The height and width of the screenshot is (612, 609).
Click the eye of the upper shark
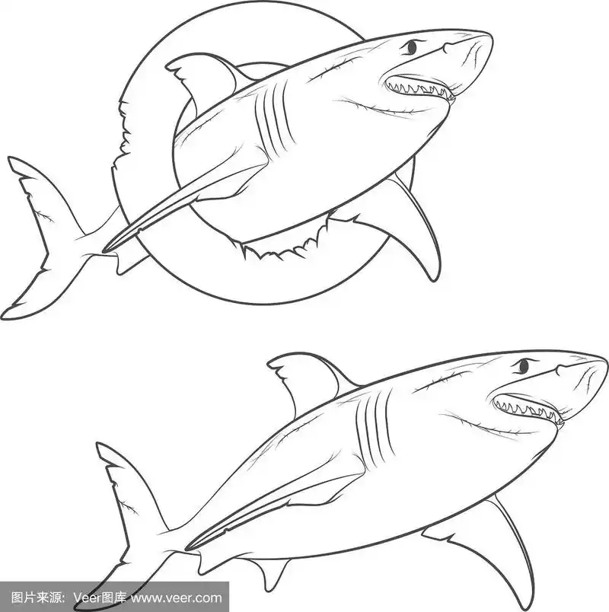pos(412,47)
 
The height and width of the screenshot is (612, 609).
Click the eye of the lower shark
pos(524,366)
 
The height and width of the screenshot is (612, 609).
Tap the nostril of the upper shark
pos(447,48)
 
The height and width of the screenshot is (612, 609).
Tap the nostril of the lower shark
pos(560,369)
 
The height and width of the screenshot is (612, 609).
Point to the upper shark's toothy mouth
pos(419,88)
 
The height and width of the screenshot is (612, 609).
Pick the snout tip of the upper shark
pos(490,37)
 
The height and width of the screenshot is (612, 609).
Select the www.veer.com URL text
pos(177,598)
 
